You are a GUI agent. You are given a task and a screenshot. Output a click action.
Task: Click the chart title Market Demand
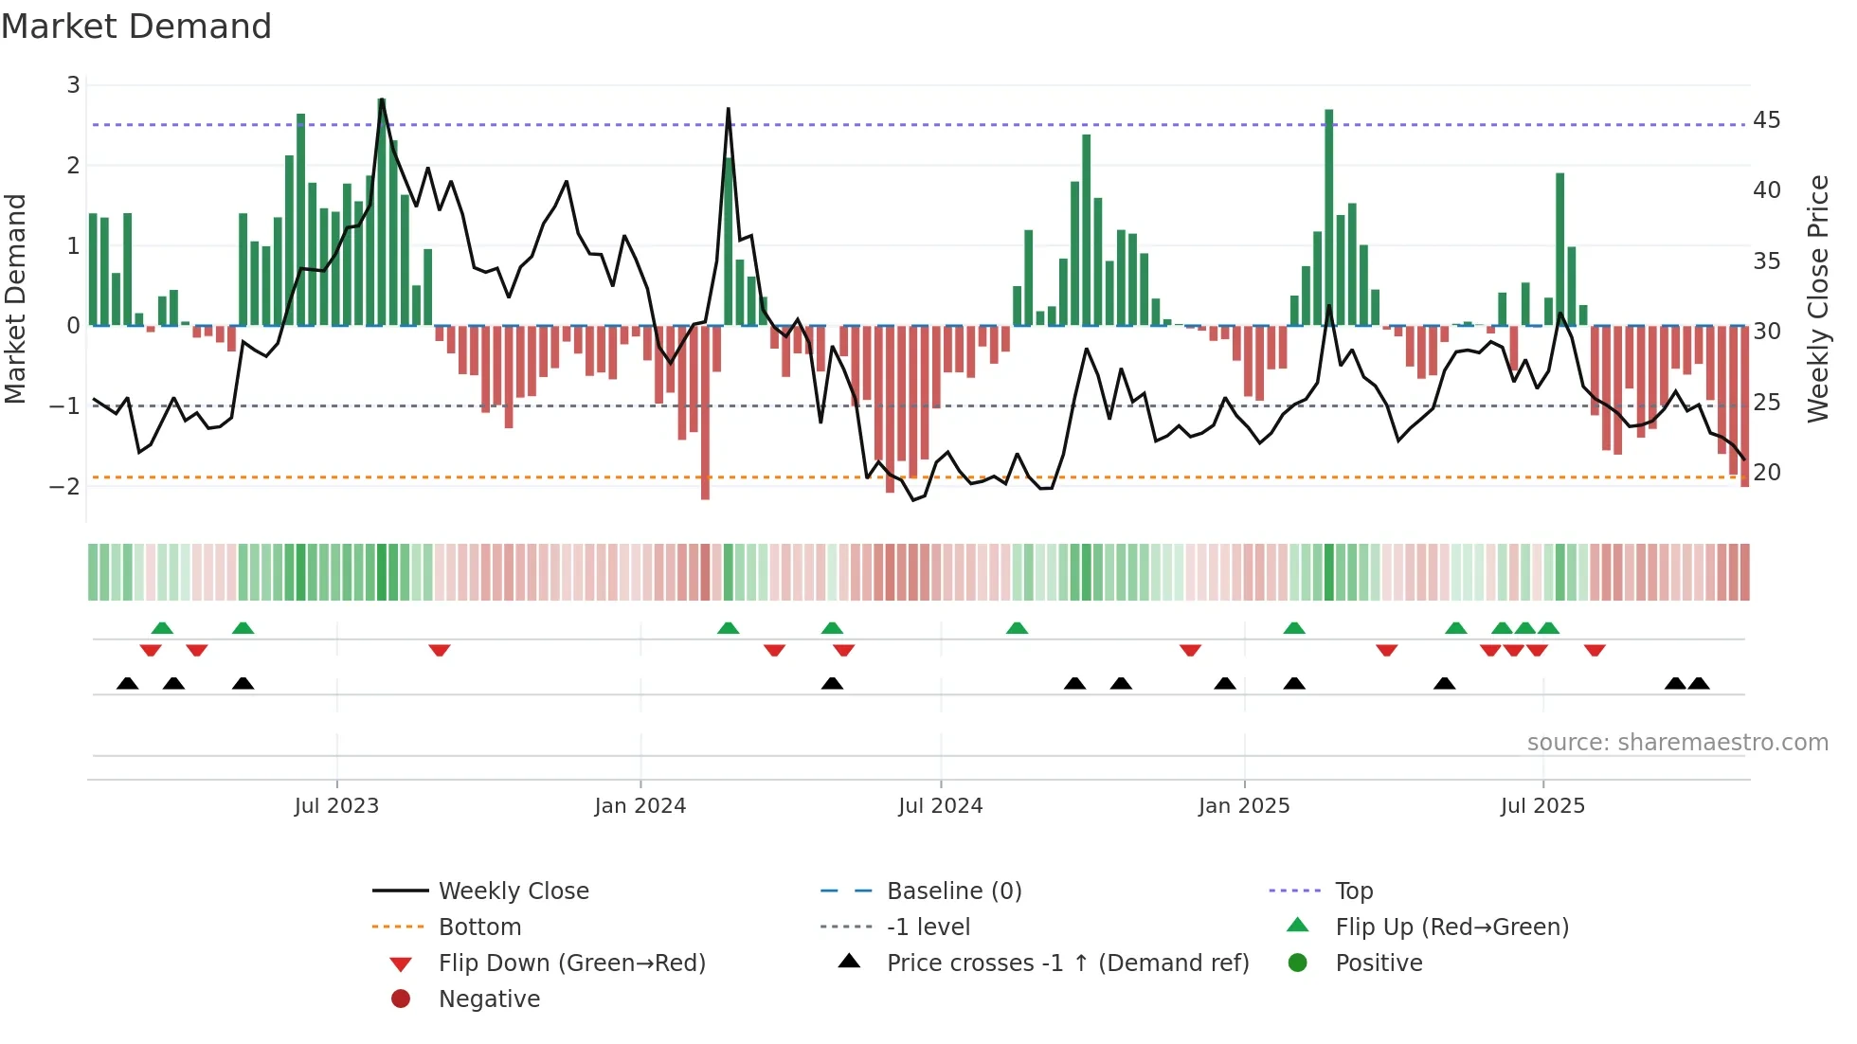click(136, 27)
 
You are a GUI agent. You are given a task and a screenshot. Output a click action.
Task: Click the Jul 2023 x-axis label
click(336, 806)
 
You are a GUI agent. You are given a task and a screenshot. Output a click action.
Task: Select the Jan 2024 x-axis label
click(640, 806)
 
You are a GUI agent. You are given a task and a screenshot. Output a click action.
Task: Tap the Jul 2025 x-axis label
click(1542, 806)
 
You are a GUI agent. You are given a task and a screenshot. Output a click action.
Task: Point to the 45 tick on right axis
click(1766, 120)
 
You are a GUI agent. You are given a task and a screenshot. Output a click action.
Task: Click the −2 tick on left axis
click(64, 487)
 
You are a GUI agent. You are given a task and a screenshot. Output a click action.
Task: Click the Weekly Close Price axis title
click(1817, 298)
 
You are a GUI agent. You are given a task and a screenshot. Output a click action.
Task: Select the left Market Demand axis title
click(16, 298)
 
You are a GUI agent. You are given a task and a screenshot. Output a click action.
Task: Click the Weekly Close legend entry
click(513, 891)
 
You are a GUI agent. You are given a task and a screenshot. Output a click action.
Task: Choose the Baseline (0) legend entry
click(953, 891)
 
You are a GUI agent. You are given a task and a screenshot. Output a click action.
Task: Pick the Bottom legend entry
click(479, 927)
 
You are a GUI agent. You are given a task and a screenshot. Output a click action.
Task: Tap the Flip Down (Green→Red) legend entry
click(571, 963)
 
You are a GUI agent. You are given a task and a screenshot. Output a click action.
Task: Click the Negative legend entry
click(489, 999)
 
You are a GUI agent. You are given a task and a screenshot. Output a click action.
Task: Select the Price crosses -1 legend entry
click(1067, 963)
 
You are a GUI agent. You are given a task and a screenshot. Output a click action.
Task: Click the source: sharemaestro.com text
click(1677, 743)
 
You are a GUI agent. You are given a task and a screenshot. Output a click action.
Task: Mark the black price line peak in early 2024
click(729, 110)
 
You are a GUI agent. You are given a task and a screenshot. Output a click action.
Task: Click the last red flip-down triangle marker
click(1595, 650)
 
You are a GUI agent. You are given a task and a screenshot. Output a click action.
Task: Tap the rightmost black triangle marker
click(1699, 683)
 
